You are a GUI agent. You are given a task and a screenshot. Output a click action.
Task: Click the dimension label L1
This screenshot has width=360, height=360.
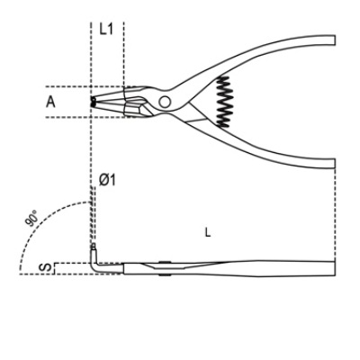[106, 29]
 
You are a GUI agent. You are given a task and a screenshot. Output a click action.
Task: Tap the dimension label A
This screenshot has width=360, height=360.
[50, 102]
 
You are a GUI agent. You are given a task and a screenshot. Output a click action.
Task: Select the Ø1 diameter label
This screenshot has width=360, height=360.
[107, 180]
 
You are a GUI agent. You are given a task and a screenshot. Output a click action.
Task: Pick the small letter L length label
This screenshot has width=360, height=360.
[208, 232]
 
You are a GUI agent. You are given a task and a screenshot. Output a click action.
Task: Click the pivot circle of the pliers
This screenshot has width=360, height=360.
[165, 102]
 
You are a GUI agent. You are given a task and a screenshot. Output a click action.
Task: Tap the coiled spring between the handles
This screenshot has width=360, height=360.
[224, 101]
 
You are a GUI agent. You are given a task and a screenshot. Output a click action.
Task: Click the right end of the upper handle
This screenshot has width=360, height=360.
[334, 40]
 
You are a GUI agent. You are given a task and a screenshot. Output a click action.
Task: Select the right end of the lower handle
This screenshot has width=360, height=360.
[334, 164]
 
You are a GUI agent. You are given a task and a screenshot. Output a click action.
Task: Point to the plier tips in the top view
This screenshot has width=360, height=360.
[93, 102]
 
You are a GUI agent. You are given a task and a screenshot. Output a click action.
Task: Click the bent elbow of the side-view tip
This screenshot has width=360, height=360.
[94, 267]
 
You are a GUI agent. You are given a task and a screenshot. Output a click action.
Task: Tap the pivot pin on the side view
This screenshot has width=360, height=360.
[165, 268]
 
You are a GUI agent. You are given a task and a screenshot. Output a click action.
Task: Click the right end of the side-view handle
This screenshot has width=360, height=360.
[334, 267]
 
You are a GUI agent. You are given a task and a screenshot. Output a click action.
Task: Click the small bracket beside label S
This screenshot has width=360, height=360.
[54, 269]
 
